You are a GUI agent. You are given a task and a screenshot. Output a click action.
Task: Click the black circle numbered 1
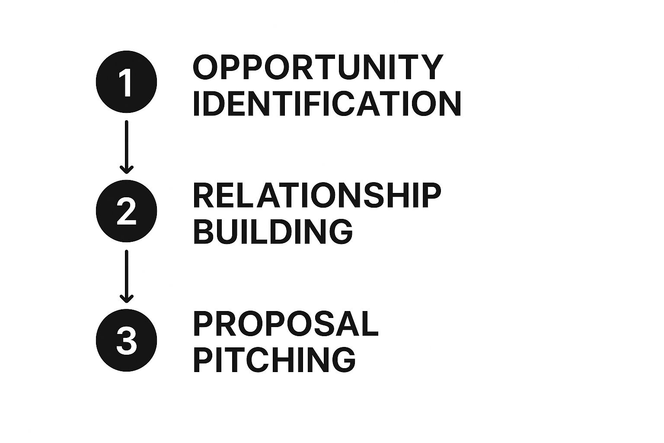[x=126, y=82]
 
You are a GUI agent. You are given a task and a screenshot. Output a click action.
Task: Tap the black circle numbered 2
[x=126, y=211]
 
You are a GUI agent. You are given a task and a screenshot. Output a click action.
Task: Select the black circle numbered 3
[x=126, y=340]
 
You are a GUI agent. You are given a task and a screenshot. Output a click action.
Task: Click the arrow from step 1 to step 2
[x=127, y=147]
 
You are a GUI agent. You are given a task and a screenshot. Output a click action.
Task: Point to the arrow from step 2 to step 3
[x=127, y=276]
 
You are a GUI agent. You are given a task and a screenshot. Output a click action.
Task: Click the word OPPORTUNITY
[x=318, y=67]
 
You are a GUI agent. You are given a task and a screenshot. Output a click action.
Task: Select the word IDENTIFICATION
[x=327, y=103]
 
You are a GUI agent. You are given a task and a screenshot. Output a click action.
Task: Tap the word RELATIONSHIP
[x=317, y=196]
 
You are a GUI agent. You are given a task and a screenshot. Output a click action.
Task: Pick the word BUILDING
[x=273, y=231]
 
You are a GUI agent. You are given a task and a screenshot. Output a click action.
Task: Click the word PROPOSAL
[x=286, y=324]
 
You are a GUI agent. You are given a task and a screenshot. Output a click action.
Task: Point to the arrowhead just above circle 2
[x=127, y=170]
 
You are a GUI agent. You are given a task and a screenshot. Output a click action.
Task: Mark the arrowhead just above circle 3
[x=127, y=299]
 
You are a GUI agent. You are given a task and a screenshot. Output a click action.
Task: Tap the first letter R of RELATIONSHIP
[x=204, y=196]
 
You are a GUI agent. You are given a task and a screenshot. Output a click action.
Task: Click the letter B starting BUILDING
[x=204, y=231]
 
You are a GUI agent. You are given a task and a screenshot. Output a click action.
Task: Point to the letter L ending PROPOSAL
[x=370, y=324]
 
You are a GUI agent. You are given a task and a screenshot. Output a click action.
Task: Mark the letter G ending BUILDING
[x=340, y=232]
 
